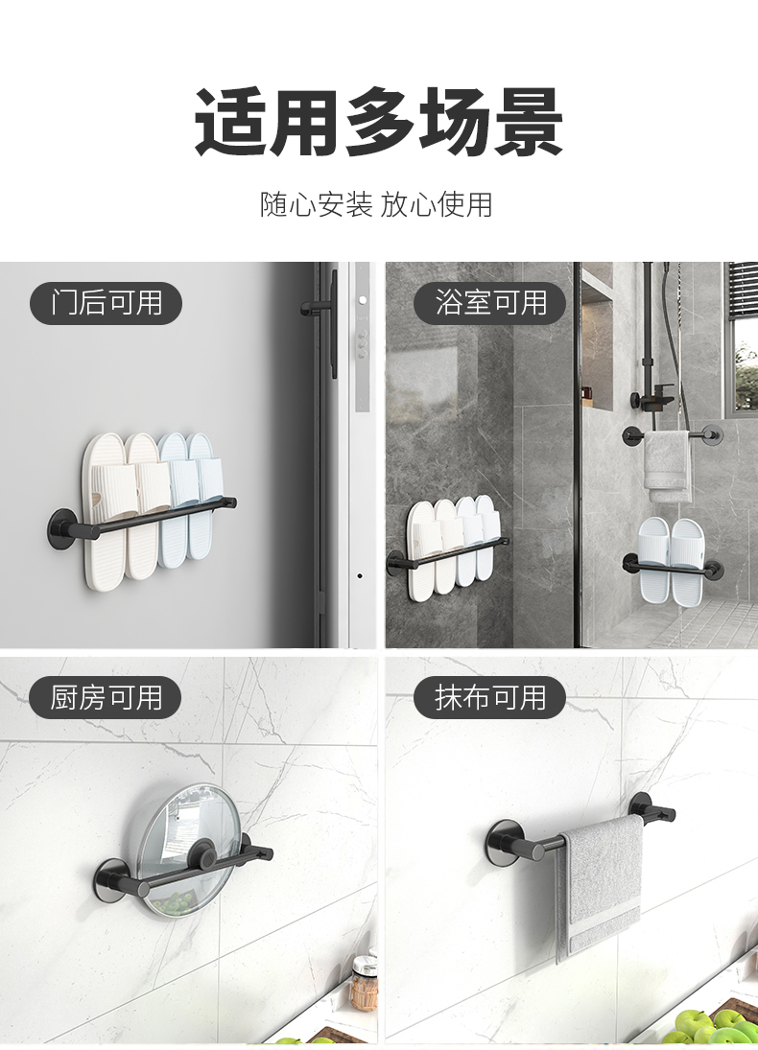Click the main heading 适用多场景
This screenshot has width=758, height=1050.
point(379,122)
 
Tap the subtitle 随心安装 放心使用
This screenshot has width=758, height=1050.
point(377,204)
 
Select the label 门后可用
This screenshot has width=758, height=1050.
point(106,303)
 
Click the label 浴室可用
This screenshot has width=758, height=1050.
point(490,303)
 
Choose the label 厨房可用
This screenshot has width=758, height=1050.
point(106,697)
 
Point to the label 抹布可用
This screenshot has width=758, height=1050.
point(490,697)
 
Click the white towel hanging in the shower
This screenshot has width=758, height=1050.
point(668,466)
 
